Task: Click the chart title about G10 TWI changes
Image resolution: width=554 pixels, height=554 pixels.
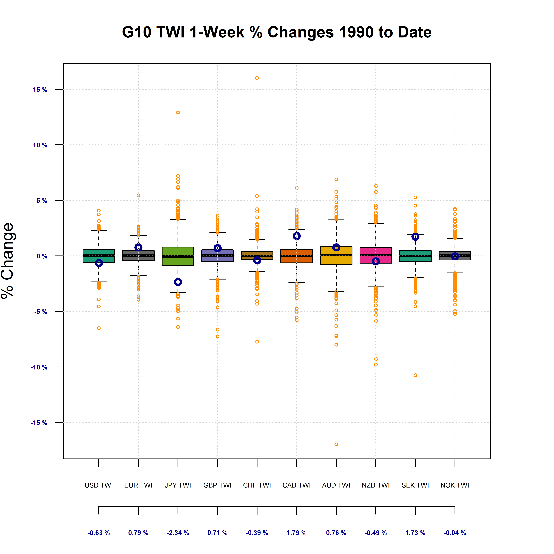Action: tap(277, 32)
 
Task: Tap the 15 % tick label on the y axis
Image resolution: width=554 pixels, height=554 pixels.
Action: tap(40, 90)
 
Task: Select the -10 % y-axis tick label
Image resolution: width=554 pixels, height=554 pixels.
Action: tap(39, 367)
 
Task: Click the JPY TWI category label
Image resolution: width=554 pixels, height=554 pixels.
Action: tap(178, 485)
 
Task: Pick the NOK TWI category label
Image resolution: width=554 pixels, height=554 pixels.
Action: tap(455, 485)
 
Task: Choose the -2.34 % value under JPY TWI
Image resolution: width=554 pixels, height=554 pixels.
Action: tap(178, 533)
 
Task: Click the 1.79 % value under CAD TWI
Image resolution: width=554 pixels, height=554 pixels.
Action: tap(297, 533)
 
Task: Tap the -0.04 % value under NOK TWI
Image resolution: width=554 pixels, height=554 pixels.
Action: tap(455, 533)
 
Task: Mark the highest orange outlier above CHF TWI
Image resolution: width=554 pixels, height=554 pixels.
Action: tap(257, 78)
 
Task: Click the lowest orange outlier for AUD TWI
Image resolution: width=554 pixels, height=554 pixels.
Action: tap(336, 444)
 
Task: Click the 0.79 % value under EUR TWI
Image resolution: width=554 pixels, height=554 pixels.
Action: tap(138, 533)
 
